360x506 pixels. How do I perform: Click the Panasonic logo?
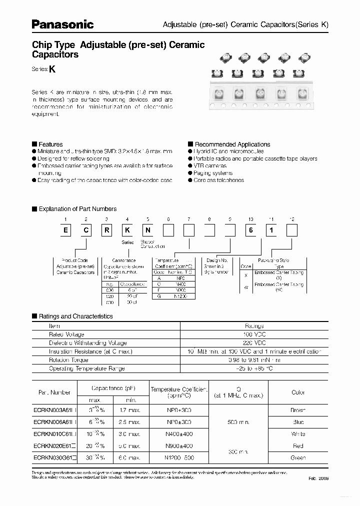tap(62, 24)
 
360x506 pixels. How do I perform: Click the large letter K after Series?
tap(51, 70)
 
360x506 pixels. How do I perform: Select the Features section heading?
tap(50, 144)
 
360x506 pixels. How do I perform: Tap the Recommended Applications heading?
tap(232, 144)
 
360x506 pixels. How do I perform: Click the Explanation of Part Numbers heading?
tap(77, 209)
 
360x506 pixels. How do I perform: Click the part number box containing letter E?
tap(65, 230)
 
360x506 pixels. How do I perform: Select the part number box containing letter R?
tap(107, 230)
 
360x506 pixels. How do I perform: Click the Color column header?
tap(298, 392)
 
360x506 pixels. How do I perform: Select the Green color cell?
tap(298, 457)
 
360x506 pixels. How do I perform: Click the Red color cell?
tap(298, 445)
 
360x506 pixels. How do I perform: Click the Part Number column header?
tap(55, 392)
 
